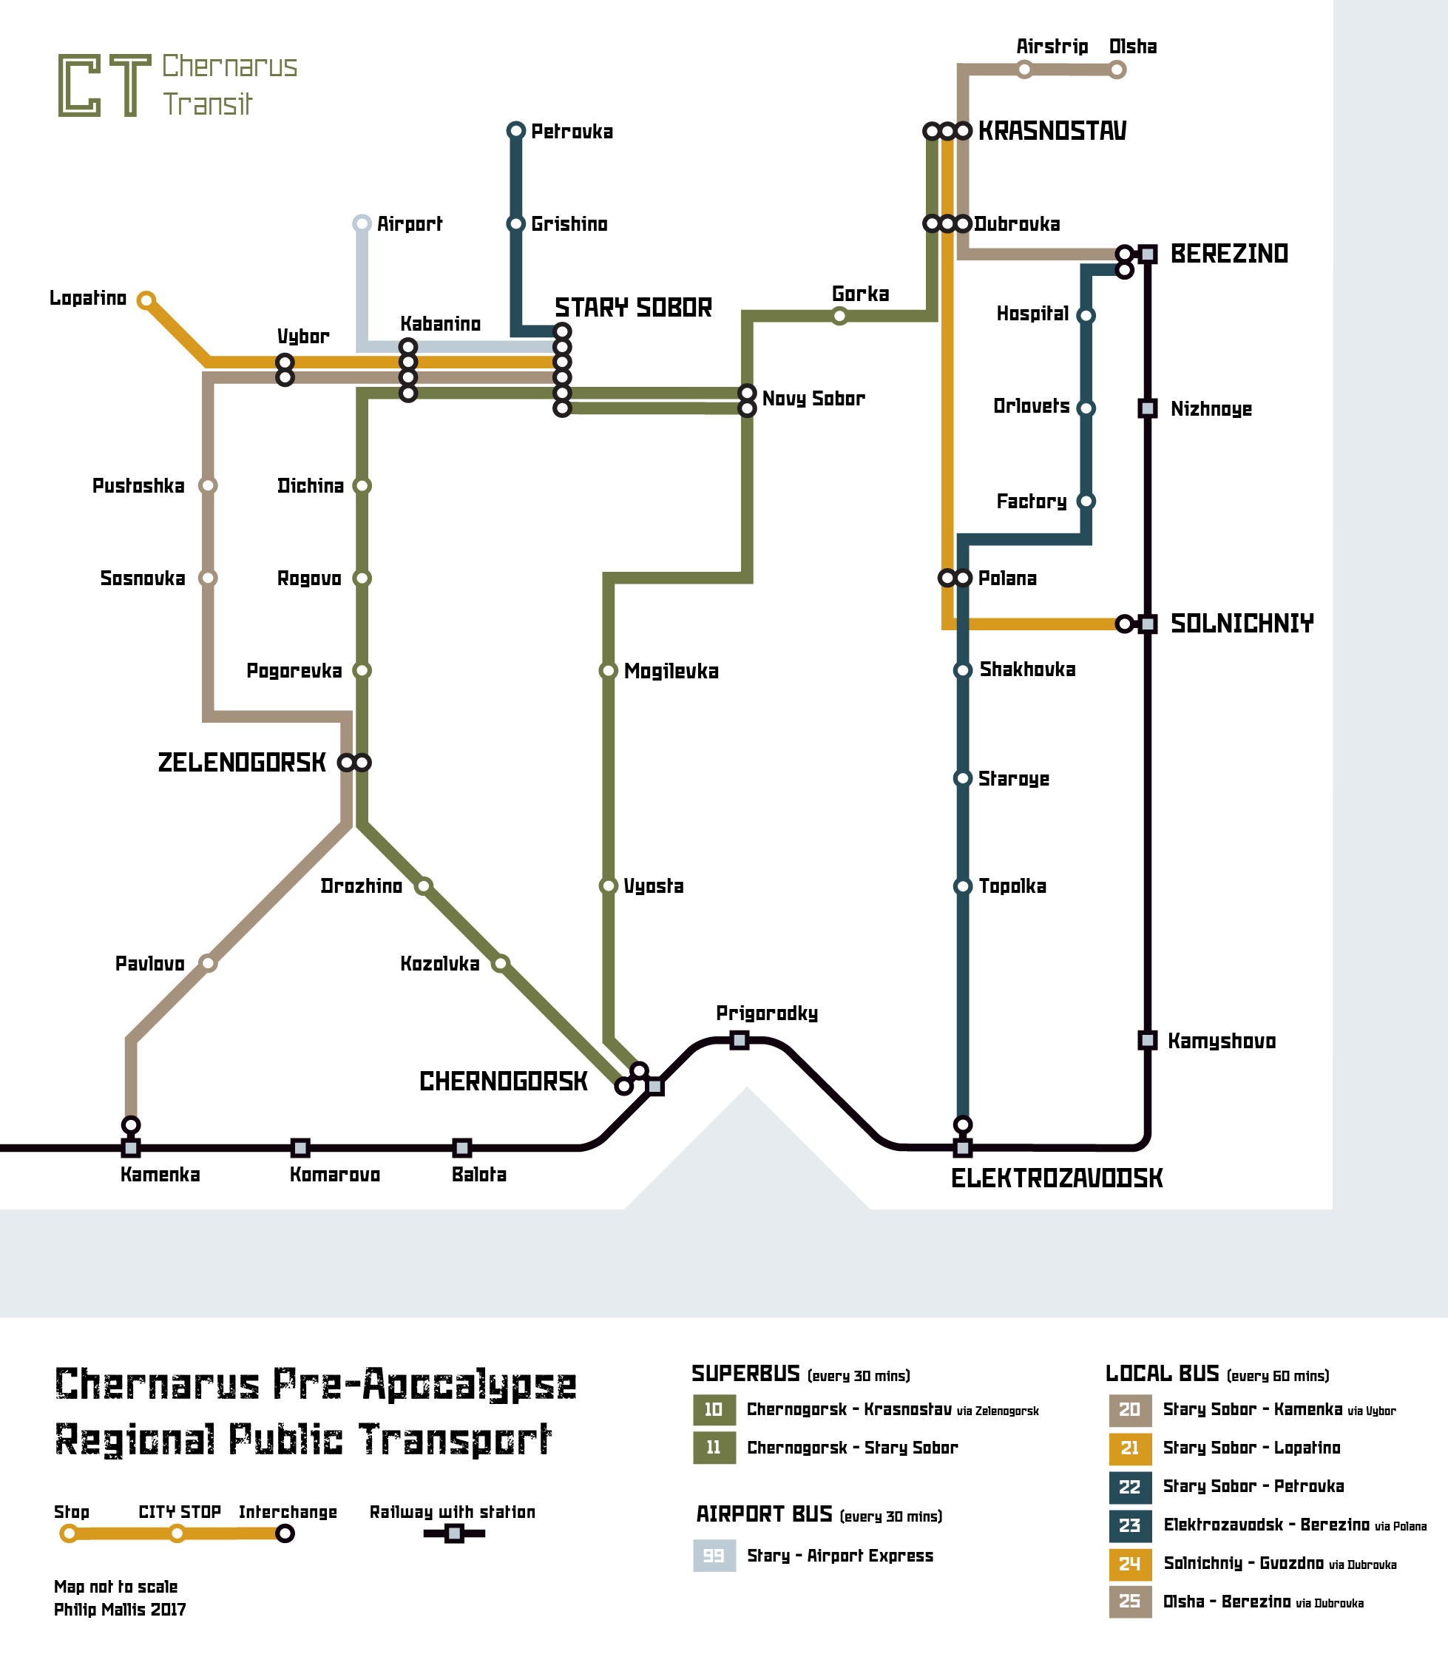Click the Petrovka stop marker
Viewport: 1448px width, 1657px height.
coord(515,131)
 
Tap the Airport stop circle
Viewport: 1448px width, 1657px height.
coord(362,223)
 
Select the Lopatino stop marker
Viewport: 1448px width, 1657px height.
coord(146,300)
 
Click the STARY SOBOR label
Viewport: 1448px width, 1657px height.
coord(633,307)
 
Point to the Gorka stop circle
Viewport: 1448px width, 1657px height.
coord(839,316)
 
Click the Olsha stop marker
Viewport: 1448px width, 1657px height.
coord(1117,70)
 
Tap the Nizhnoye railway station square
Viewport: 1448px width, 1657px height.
coord(1148,408)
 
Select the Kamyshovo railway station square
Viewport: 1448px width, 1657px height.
coord(1148,1040)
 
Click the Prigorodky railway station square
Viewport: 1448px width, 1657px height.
coord(740,1040)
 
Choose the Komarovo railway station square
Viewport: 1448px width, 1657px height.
coord(300,1148)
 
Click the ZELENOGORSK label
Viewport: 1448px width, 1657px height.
coord(242,762)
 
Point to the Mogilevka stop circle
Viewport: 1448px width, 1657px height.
coord(609,671)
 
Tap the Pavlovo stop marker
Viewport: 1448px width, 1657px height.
coord(209,962)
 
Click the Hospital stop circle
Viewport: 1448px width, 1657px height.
coord(1086,316)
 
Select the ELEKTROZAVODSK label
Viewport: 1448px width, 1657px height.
coord(1056,1178)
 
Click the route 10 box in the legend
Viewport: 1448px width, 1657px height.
coord(714,1410)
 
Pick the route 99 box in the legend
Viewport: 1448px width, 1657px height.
coord(714,1555)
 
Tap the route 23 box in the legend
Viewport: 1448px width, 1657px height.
coord(1130,1525)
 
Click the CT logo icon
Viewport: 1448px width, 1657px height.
coord(104,86)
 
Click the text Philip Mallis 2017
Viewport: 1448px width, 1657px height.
coord(120,1610)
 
